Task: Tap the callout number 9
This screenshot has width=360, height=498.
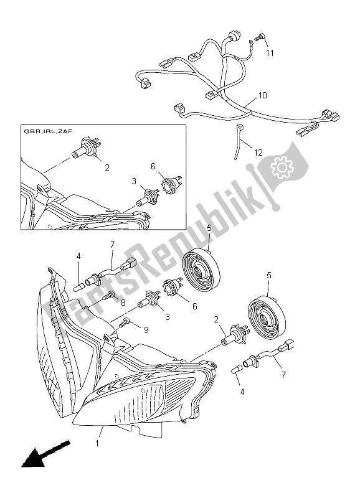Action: (146, 329)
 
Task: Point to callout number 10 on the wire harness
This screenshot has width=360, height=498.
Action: (262, 95)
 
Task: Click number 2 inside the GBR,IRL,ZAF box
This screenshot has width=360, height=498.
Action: (107, 168)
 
